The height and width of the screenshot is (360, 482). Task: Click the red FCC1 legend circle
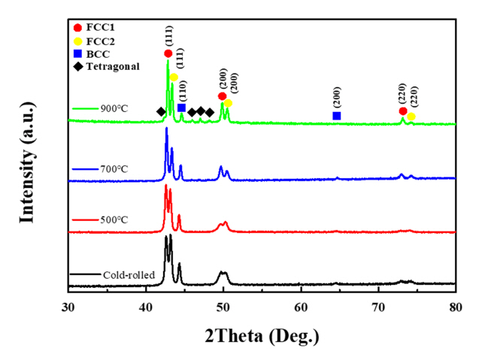coord(80,27)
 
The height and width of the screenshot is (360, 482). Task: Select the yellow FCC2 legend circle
coord(80,41)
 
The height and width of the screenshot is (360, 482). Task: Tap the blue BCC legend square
coord(80,53)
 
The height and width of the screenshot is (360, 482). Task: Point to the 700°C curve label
coord(111,168)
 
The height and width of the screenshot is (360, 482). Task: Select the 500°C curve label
coord(111,220)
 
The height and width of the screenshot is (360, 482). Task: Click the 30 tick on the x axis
coord(68,307)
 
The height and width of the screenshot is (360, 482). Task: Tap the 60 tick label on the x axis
coord(301,307)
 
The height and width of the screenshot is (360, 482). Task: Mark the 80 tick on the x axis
coord(456,307)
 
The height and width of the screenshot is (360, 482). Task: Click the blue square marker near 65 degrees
coord(336,116)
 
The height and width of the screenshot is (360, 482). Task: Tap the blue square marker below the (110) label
coord(182,108)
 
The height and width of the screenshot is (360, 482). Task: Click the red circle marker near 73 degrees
coord(403,111)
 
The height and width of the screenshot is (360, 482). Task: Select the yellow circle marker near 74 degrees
coord(411,116)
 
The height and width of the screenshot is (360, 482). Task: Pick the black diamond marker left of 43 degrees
coord(160,112)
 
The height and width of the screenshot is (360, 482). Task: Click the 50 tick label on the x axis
coord(223,307)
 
